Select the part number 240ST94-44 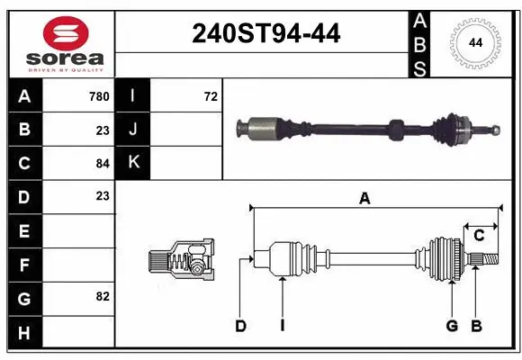(266, 34)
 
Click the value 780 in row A (99, 96)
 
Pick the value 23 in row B (103, 130)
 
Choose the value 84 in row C (103, 163)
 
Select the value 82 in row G (103, 296)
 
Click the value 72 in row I (211, 96)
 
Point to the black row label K (133, 163)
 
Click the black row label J (133, 130)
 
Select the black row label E (24, 230)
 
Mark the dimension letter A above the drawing (364, 199)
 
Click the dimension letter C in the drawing (479, 235)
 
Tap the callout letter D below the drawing (240, 326)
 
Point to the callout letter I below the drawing (282, 326)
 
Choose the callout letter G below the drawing (452, 326)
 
